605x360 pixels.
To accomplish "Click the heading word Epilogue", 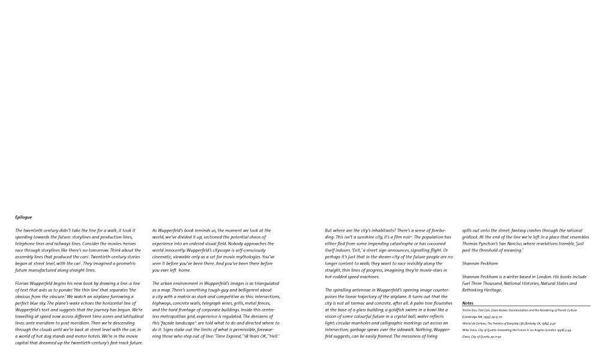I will pos(23,217).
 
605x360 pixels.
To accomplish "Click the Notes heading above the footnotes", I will pos(468,303).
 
